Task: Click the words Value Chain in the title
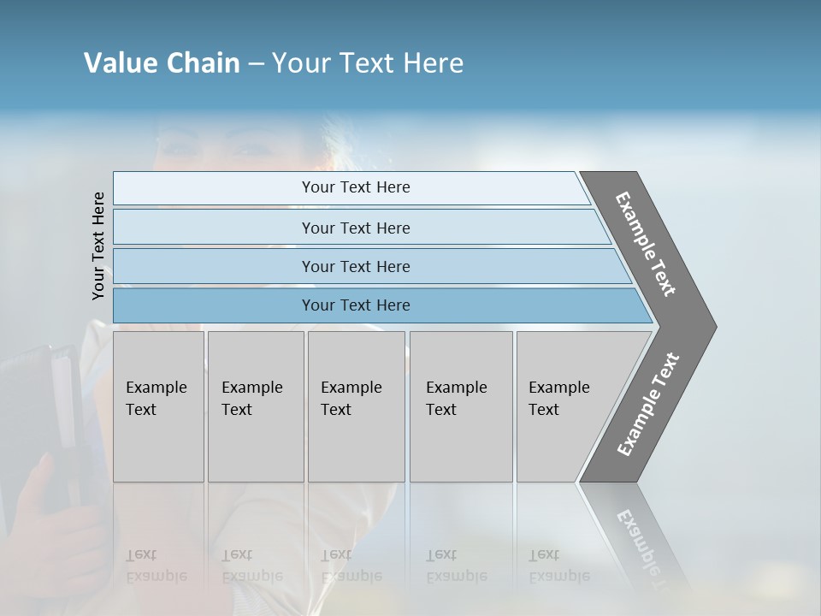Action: pos(162,63)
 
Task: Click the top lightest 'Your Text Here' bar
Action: pos(355,187)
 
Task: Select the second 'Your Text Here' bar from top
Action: pos(355,228)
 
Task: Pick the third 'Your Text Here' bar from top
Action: pos(355,266)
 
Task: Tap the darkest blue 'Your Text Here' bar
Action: pos(355,305)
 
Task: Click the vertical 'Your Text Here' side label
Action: pos(98,246)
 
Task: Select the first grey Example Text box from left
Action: pos(158,406)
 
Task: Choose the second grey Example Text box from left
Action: pos(255,406)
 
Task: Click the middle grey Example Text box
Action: pos(356,406)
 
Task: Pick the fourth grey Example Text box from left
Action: pos(460,406)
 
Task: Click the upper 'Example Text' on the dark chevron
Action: pos(646,244)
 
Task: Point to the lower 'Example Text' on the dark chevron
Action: pos(647,404)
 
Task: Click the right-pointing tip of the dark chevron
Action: pos(711,327)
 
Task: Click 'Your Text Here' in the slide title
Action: pos(368,63)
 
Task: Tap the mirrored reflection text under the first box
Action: pos(156,566)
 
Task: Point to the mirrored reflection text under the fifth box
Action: pos(559,566)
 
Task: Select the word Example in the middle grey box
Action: pos(351,388)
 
